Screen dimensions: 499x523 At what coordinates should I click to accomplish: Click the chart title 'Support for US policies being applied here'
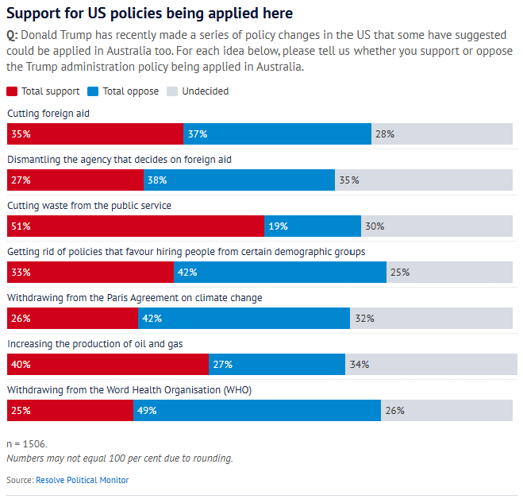tap(150, 14)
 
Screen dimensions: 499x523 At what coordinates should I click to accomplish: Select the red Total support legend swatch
tap(12, 91)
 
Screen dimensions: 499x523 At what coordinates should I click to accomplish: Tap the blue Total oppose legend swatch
tap(93, 91)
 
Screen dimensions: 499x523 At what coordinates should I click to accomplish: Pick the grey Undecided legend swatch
tap(172, 91)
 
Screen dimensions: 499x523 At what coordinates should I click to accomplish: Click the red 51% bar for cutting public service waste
tap(136, 226)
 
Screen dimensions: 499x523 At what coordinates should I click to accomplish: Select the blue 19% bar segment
tap(313, 226)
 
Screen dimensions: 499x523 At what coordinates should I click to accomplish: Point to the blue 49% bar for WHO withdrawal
tap(257, 411)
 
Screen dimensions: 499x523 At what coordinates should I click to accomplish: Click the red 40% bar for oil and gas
tap(108, 365)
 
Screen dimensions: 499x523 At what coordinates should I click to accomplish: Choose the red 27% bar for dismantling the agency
tap(75, 180)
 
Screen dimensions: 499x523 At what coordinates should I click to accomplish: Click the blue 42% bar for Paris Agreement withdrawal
tap(244, 319)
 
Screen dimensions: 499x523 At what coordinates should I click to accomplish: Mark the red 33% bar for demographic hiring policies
tap(90, 273)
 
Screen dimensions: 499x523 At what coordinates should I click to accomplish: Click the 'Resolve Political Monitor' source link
tap(82, 480)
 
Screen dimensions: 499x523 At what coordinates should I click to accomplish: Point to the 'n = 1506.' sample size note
tap(27, 444)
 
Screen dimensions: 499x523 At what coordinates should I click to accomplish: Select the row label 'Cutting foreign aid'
tap(48, 114)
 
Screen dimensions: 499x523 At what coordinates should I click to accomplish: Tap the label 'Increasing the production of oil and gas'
tap(95, 344)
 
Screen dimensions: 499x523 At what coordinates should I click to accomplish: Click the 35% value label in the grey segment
tap(349, 180)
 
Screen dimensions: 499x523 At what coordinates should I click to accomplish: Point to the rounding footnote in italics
tap(120, 458)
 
